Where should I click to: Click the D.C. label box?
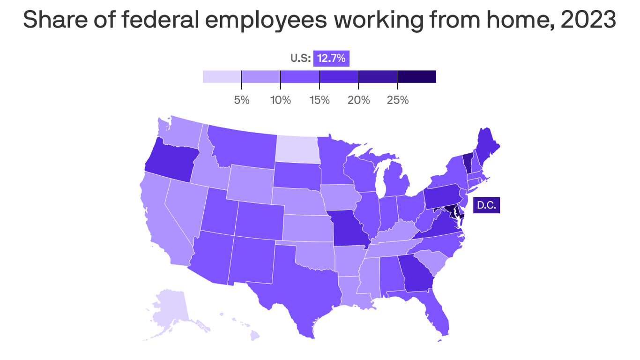pos(486,205)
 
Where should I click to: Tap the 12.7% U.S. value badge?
pos(331,59)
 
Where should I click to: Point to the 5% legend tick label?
pos(241,100)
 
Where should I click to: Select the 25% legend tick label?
pos(397,100)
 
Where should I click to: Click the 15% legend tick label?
pos(319,100)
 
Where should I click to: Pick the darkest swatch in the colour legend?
pos(417,76)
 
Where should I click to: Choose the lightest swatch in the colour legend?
pos(222,76)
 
